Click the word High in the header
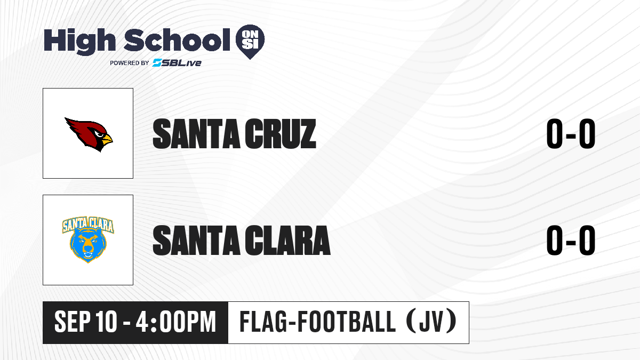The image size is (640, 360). tap(79, 41)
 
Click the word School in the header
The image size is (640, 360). tap(177, 39)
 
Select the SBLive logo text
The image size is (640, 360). tap(177, 62)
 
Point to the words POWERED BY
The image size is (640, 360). tap(130, 63)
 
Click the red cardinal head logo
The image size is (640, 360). tap(89, 134)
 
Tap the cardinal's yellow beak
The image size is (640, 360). tap(107, 140)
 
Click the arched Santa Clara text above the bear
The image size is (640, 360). tap(88, 225)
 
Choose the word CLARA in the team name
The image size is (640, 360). tap(287, 240)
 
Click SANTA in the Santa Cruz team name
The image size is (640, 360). tap(196, 134)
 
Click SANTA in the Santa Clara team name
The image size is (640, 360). tap(196, 240)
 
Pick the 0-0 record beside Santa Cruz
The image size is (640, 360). tap(571, 134)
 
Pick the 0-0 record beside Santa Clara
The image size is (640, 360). tap(571, 240)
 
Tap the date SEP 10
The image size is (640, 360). tap(86, 322)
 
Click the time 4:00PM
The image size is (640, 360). tap(175, 322)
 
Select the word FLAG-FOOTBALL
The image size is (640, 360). tap(317, 322)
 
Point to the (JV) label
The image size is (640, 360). tap(431, 322)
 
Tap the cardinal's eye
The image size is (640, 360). tap(99, 134)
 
